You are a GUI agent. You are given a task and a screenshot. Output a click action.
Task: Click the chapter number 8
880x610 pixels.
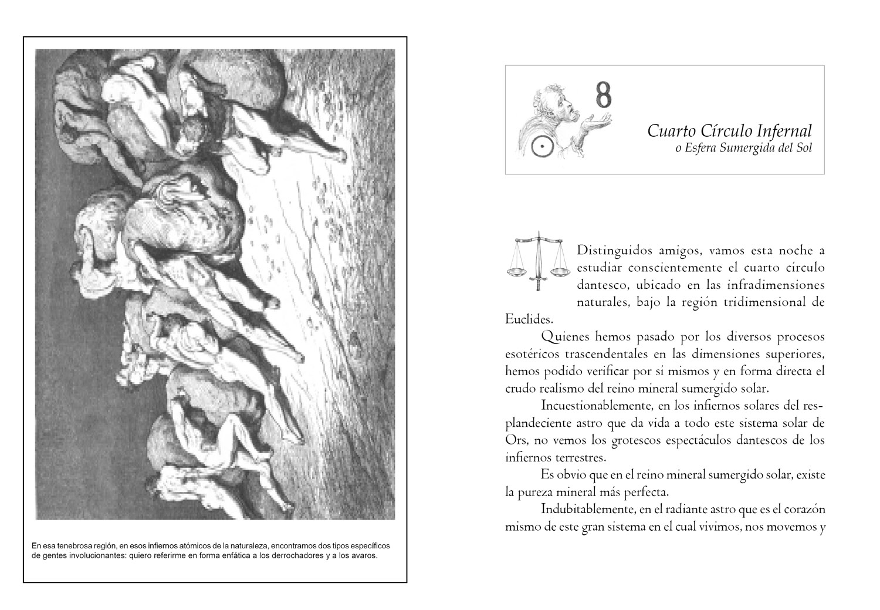click(x=603, y=95)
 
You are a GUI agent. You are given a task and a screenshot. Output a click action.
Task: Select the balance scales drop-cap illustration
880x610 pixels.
click(x=537, y=260)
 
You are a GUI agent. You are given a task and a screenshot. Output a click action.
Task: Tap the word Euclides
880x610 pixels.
click(x=529, y=319)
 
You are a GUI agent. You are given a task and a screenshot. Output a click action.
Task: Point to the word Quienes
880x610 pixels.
click(x=565, y=337)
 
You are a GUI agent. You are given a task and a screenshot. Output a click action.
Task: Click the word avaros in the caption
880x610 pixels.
click(x=363, y=555)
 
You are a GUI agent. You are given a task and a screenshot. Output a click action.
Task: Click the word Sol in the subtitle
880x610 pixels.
click(x=804, y=149)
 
